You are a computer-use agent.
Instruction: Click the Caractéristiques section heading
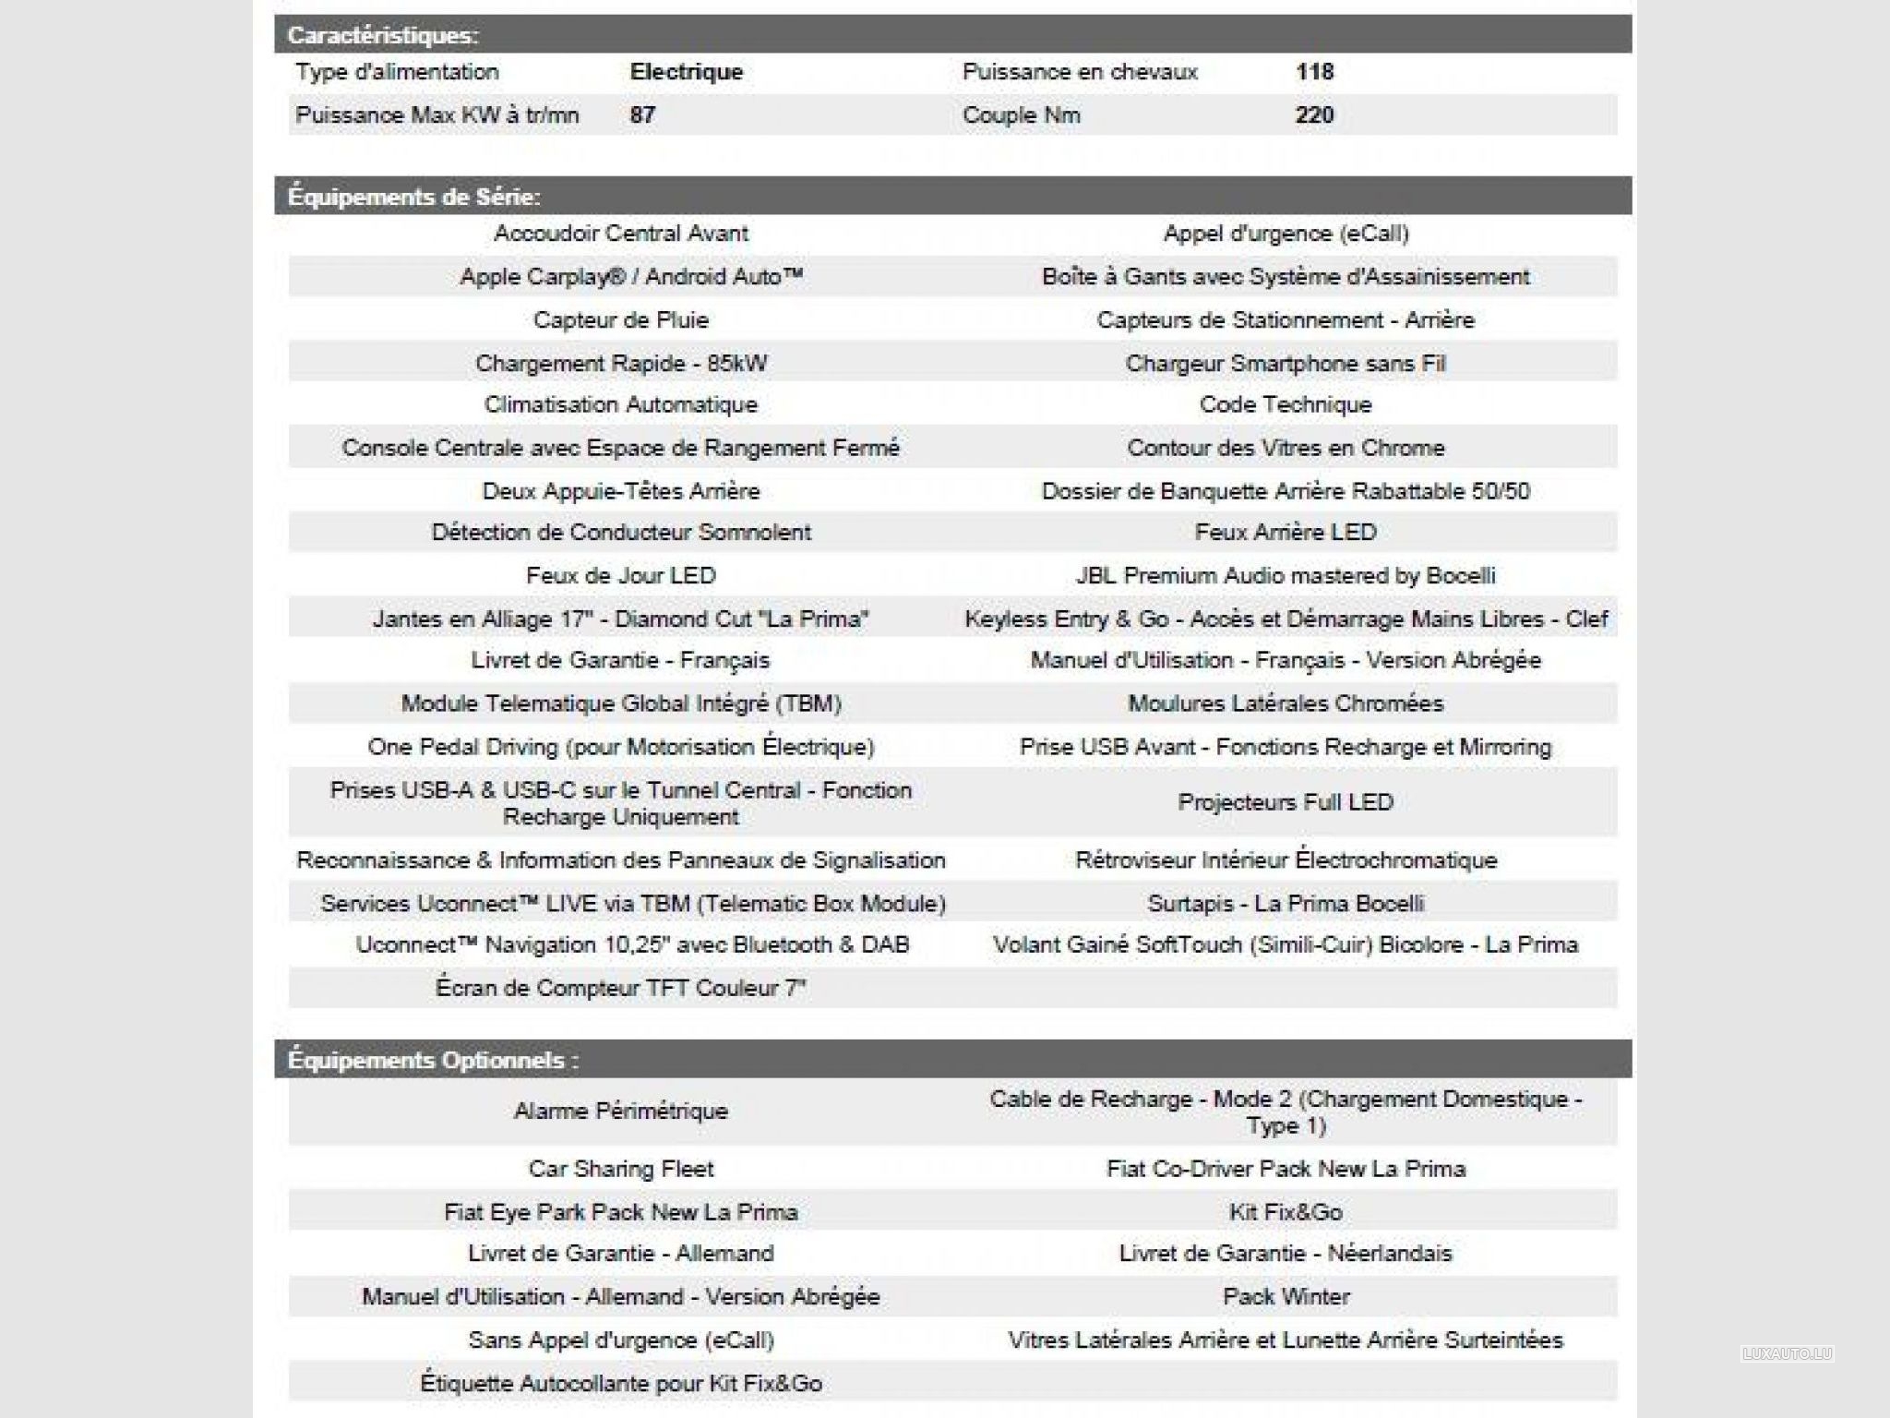coord(383,36)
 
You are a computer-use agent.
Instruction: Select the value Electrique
coord(686,72)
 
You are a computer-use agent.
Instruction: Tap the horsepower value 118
coord(1314,72)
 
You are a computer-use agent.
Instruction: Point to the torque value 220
coord(1314,115)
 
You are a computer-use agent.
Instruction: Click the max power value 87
coord(642,115)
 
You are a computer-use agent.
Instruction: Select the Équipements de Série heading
coord(414,197)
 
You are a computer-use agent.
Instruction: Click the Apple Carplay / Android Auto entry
coord(631,277)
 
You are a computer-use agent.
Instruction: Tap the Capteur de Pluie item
coord(621,320)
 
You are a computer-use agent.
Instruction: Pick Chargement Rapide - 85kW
coord(621,363)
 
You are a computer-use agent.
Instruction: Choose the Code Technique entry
coord(1286,404)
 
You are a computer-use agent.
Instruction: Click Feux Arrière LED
coord(1286,533)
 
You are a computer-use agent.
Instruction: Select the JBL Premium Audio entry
coord(1286,576)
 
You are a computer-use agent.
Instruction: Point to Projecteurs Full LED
coord(1286,802)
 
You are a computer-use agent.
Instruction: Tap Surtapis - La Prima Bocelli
coord(1286,904)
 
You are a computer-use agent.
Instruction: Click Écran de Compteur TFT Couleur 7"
coord(621,989)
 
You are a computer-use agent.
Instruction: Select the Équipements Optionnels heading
coord(433,1060)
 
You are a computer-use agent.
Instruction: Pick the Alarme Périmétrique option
coord(621,1111)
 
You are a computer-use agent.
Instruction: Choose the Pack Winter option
coord(1286,1297)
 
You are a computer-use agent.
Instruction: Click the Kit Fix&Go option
coord(1286,1212)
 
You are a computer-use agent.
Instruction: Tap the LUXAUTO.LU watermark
coord(1787,1354)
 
